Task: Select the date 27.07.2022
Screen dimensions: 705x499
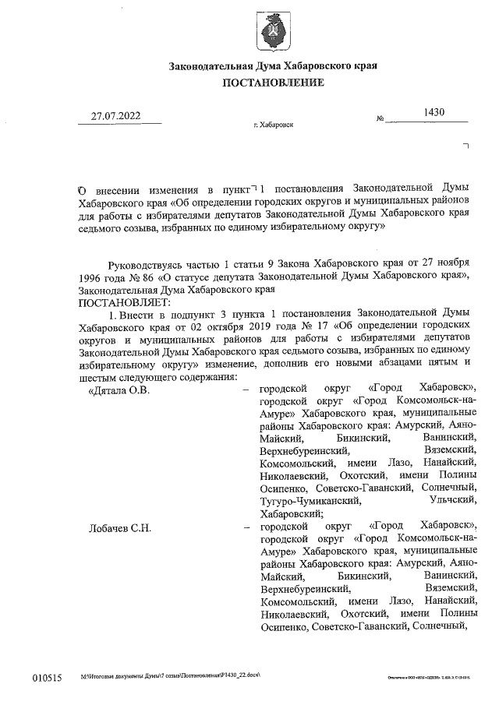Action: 115,116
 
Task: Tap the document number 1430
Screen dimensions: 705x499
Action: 434,112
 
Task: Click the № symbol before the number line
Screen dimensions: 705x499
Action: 380,119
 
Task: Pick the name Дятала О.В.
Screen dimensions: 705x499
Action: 118,389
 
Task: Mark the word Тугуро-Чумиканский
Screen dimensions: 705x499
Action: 310,501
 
